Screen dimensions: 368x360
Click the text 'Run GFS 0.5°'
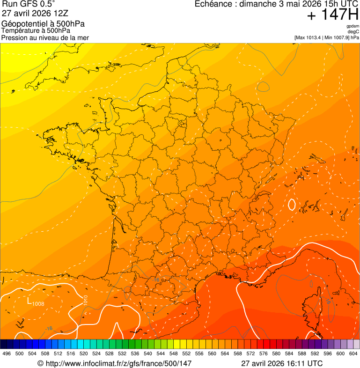(x=28, y=4)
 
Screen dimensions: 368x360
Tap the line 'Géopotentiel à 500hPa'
(x=43, y=24)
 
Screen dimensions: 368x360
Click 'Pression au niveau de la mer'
(x=45, y=37)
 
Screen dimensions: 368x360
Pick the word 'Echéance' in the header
(x=213, y=4)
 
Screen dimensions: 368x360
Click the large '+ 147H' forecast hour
(x=333, y=15)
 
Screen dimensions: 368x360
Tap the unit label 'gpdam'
(x=353, y=26)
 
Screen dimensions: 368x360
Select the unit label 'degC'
(x=354, y=32)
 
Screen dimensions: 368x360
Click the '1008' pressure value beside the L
(x=38, y=304)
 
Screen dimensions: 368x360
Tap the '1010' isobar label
(x=85, y=301)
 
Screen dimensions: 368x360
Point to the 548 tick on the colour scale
(x=174, y=353)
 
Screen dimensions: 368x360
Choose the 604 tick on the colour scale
(x=353, y=353)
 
